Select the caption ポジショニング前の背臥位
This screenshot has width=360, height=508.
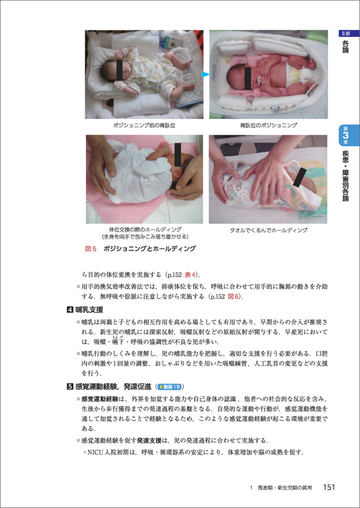[x=144, y=125]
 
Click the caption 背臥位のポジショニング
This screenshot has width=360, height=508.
[x=269, y=125]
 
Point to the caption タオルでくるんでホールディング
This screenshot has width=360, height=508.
[x=268, y=231]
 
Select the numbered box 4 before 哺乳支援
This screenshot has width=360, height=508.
[x=70, y=310]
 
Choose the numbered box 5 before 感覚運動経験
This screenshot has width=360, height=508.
[x=70, y=387]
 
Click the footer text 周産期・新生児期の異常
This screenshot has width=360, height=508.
[x=284, y=488]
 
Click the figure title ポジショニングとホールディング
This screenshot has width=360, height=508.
[x=150, y=249]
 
